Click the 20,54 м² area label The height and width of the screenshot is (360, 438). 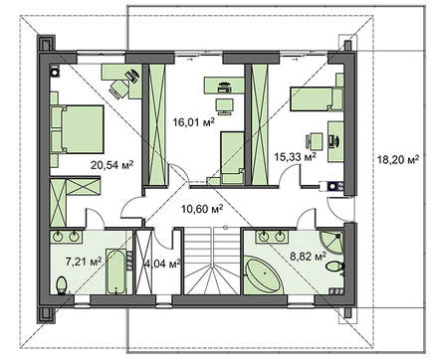click(x=112, y=165)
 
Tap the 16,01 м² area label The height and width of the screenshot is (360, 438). click(x=194, y=122)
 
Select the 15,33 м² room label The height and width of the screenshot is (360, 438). click(x=295, y=156)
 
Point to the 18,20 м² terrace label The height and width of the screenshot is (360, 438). click(x=397, y=160)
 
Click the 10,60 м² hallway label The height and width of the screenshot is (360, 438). click(x=202, y=209)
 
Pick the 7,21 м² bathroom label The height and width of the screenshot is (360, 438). click(x=84, y=262)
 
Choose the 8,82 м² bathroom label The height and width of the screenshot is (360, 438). click(x=308, y=257)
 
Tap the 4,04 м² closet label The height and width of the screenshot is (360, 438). click(x=162, y=264)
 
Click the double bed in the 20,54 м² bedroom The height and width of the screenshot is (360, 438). click(x=78, y=129)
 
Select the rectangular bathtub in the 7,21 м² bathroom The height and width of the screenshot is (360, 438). click(x=116, y=271)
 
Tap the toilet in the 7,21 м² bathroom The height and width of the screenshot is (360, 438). click(x=62, y=285)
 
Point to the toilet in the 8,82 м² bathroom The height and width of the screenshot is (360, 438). click(x=335, y=267)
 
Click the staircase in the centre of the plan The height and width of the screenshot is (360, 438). click(x=212, y=261)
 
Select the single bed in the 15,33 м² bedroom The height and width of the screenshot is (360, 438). click(x=317, y=98)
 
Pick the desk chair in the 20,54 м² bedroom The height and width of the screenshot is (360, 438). click(x=118, y=89)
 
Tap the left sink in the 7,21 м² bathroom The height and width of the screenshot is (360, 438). click(x=59, y=237)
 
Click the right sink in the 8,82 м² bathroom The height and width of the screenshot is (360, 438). click(x=281, y=237)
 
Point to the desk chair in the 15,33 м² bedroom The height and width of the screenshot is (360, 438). click(x=314, y=141)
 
